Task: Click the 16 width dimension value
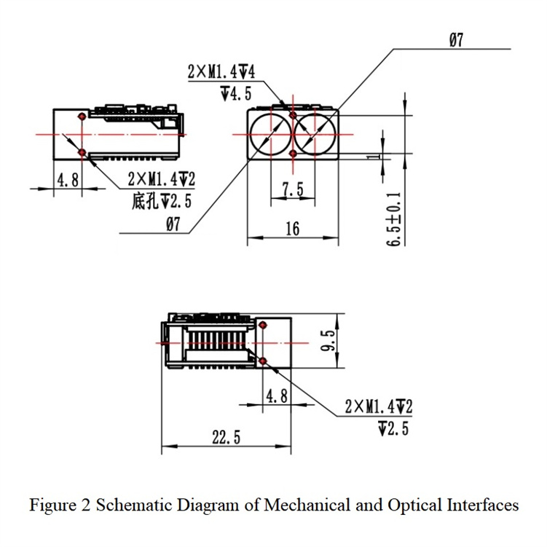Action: [292, 229]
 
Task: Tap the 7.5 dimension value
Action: [292, 190]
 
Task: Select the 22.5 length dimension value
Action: [226, 437]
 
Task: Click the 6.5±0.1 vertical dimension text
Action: [394, 219]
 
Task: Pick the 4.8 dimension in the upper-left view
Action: [68, 179]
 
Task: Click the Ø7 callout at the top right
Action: [457, 41]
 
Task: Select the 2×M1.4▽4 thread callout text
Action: [221, 72]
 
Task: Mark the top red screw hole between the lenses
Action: [293, 115]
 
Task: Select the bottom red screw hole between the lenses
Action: [293, 154]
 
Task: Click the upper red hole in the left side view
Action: [82, 116]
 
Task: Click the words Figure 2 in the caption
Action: [60, 505]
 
